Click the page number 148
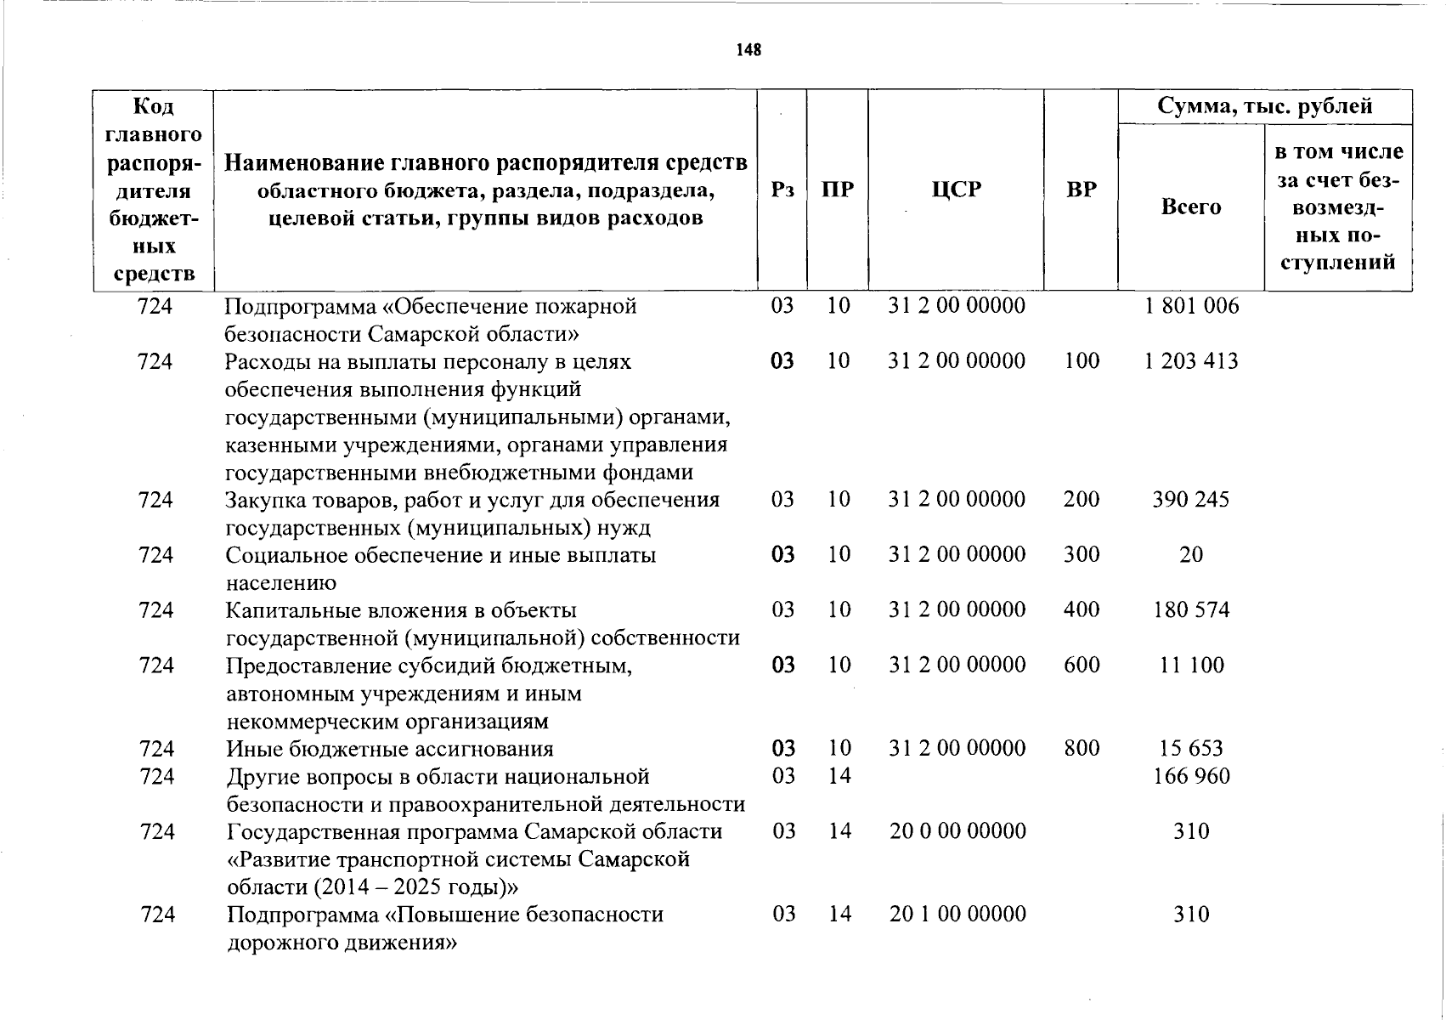point(748,50)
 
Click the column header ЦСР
point(956,190)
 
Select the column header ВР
point(1081,190)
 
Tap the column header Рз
point(782,190)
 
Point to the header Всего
point(1190,207)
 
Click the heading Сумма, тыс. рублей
point(1264,106)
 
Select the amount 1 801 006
point(1191,306)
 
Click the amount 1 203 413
point(1190,361)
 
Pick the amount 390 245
point(1190,500)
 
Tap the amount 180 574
point(1191,609)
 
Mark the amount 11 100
point(1191,665)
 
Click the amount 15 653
point(1191,748)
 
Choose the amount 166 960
point(1191,776)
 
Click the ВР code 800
point(1081,748)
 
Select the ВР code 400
point(1081,609)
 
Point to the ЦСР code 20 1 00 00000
point(957,915)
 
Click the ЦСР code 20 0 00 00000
point(957,831)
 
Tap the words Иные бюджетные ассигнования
point(389,749)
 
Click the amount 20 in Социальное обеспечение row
point(1191,555)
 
